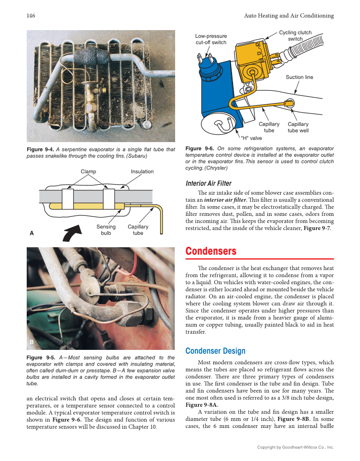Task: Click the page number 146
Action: click(x=31, y=16)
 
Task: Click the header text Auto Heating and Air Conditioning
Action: click(x=289, y=16)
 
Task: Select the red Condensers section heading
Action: click(x=211, y=251)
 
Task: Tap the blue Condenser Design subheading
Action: click(x=215, y=351)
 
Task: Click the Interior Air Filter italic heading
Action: click(x=209, y=183)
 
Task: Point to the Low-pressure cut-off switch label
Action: click(x=211, y=39)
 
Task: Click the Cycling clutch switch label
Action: click(x=295, y=36)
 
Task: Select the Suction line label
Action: click(x=299, y=77)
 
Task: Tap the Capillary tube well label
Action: click(x=298, y=127)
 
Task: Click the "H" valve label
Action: click(x=251, y=138)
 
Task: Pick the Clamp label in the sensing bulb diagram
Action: click(x=88, y=171)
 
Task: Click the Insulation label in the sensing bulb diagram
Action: click(x=142, y=171)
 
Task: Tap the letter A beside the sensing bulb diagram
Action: click(x=31, y=233)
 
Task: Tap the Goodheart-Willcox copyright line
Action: click(x=296, y=447)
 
